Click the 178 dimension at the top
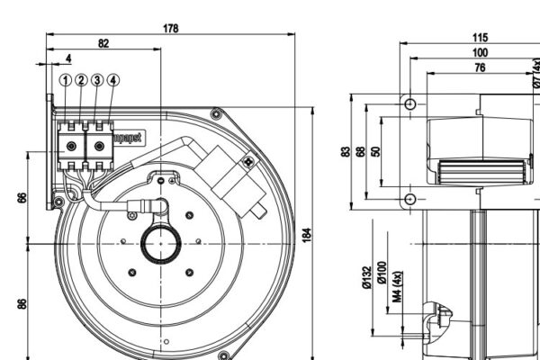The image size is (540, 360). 171,28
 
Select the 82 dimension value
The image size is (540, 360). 103,43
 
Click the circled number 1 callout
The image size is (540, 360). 66,80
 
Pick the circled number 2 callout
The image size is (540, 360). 81,80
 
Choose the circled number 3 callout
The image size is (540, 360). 97,80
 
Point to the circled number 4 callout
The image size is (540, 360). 112,80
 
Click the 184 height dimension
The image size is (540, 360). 305,236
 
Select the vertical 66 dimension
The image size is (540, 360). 22,197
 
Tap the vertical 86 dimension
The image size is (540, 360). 22,302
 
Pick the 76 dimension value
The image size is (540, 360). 480,67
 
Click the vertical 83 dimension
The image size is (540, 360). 346,151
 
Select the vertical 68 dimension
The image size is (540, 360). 361,151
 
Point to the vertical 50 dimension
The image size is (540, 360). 376,151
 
